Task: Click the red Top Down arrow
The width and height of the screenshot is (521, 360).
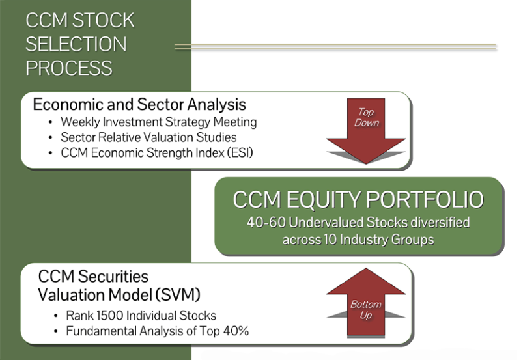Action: point(366,127)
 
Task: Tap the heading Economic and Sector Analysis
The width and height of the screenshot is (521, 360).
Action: point(139,104)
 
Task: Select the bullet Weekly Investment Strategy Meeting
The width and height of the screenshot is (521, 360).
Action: point(158,122)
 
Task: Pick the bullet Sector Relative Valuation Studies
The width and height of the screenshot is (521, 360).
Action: point(148,137)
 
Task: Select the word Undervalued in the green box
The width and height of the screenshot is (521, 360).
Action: point(317,223)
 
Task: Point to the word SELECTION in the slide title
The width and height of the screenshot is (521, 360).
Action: point(76,44)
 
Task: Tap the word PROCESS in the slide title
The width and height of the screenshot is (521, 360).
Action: point(69,68)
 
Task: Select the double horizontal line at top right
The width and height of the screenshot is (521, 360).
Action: point(335,47)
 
